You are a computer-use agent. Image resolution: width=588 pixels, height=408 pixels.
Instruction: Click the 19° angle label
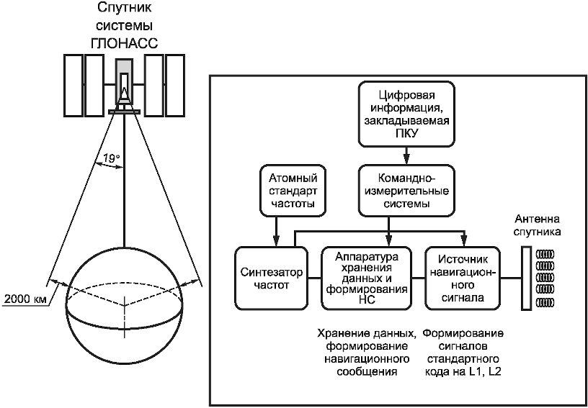coord(112,158)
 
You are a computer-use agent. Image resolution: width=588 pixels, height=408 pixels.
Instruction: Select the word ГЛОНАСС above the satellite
coord(124,43)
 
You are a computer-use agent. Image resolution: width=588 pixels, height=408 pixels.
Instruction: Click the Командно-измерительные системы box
coord(407,190)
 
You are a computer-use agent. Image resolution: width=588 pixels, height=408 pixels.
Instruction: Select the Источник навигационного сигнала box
coord(463,278)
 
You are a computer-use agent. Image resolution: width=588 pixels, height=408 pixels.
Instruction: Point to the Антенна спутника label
coord(538,225)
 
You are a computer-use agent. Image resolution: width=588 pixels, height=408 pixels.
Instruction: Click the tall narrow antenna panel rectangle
coord(527,278)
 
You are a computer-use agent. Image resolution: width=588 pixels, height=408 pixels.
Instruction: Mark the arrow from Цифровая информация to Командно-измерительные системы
coord(407,155)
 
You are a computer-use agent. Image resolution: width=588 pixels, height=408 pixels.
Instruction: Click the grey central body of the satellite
coord(124,81)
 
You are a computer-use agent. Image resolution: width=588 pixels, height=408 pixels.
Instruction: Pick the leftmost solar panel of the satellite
coord(73,85)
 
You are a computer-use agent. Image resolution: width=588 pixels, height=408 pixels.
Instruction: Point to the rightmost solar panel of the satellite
coord(175,85)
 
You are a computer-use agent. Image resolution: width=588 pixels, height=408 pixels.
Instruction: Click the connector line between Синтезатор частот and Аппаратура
coord(314,278)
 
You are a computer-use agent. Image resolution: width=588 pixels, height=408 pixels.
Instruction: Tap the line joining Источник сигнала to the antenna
coord(511,278)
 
